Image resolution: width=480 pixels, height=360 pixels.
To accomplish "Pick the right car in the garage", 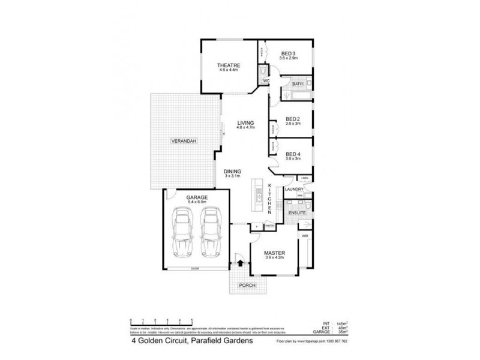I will pyautogui.click(x=211, y=230).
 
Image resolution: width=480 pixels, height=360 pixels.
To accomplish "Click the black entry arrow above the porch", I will pyautogui.click(x=241, y=262).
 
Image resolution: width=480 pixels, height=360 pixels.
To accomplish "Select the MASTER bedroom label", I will pyautogui.click(x=274, y=254).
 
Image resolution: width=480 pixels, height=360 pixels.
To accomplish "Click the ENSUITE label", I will pyautogui.click(x=297, y=212).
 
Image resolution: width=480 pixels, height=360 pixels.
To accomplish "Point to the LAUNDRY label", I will pyautogui.click(x=294, y=189).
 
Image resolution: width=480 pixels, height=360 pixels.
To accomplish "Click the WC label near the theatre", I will pyautogui.click(x=266, y=80).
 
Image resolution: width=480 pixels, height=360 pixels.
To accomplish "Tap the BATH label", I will pyautogui.click(x=297, y=84).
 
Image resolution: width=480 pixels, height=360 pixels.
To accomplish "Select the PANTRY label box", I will pyautogui.click(x=269, y=226).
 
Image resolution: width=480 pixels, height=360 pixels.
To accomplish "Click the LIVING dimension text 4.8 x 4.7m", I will pyautogui.click(x=245, y=127).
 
